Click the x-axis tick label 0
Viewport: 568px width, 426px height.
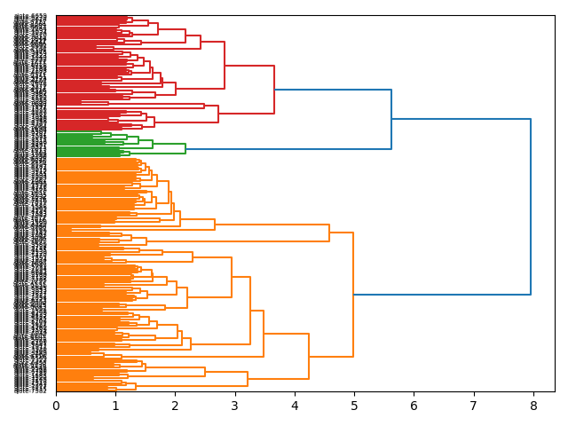point(56,406)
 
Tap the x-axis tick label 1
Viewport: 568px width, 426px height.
point(115,406)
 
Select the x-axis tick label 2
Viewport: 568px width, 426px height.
point(175,406)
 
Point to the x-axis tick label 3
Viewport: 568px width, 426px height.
point(235,406)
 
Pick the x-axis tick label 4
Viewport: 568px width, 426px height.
point(295,406)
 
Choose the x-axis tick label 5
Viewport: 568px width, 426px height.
point(354,406)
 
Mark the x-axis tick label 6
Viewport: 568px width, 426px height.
point(414,406)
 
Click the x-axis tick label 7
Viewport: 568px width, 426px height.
point(474,406)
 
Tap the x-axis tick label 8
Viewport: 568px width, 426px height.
point(533,406)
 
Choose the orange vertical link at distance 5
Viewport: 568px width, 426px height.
point(353,294)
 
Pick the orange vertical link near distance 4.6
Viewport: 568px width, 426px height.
point(329,233)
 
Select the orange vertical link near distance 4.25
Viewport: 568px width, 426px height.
point(309,356)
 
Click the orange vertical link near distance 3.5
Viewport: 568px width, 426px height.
point(264,334)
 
